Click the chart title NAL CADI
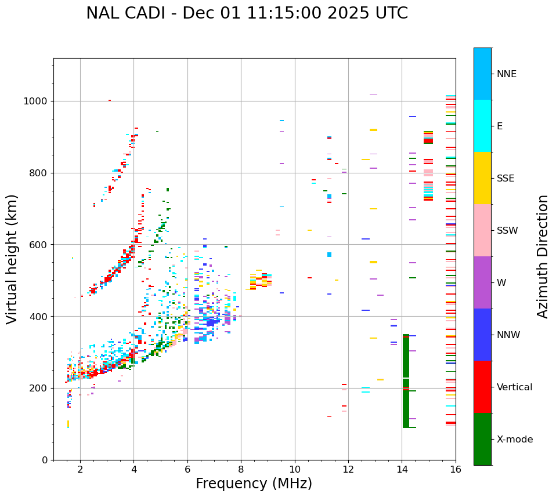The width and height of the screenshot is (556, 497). pos(247,13)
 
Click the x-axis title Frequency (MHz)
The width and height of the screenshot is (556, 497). pos(254,484)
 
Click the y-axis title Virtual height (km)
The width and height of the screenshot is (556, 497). pos(12,259)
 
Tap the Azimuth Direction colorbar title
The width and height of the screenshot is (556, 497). pos(543,256)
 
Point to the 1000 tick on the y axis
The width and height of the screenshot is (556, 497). pos(39,101)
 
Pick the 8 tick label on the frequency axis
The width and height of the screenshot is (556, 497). pos(241,469)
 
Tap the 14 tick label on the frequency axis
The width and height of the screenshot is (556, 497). pos(402,469)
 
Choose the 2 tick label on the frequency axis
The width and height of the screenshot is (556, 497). pos(80,469)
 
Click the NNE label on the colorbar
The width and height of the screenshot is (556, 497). pos(506,74)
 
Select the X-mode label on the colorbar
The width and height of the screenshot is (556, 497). pos(515,440)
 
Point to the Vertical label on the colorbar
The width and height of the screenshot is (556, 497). pos(514,387)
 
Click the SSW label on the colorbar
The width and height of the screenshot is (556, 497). pos(507,231)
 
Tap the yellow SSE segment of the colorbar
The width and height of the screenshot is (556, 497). pos(482,178)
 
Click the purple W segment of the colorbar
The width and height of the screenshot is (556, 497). pos(482,282)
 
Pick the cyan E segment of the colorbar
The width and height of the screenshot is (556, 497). pos(482,126)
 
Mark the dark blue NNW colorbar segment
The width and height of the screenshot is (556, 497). pos(482,335)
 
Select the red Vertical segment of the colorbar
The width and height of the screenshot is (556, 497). pos(482,387)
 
